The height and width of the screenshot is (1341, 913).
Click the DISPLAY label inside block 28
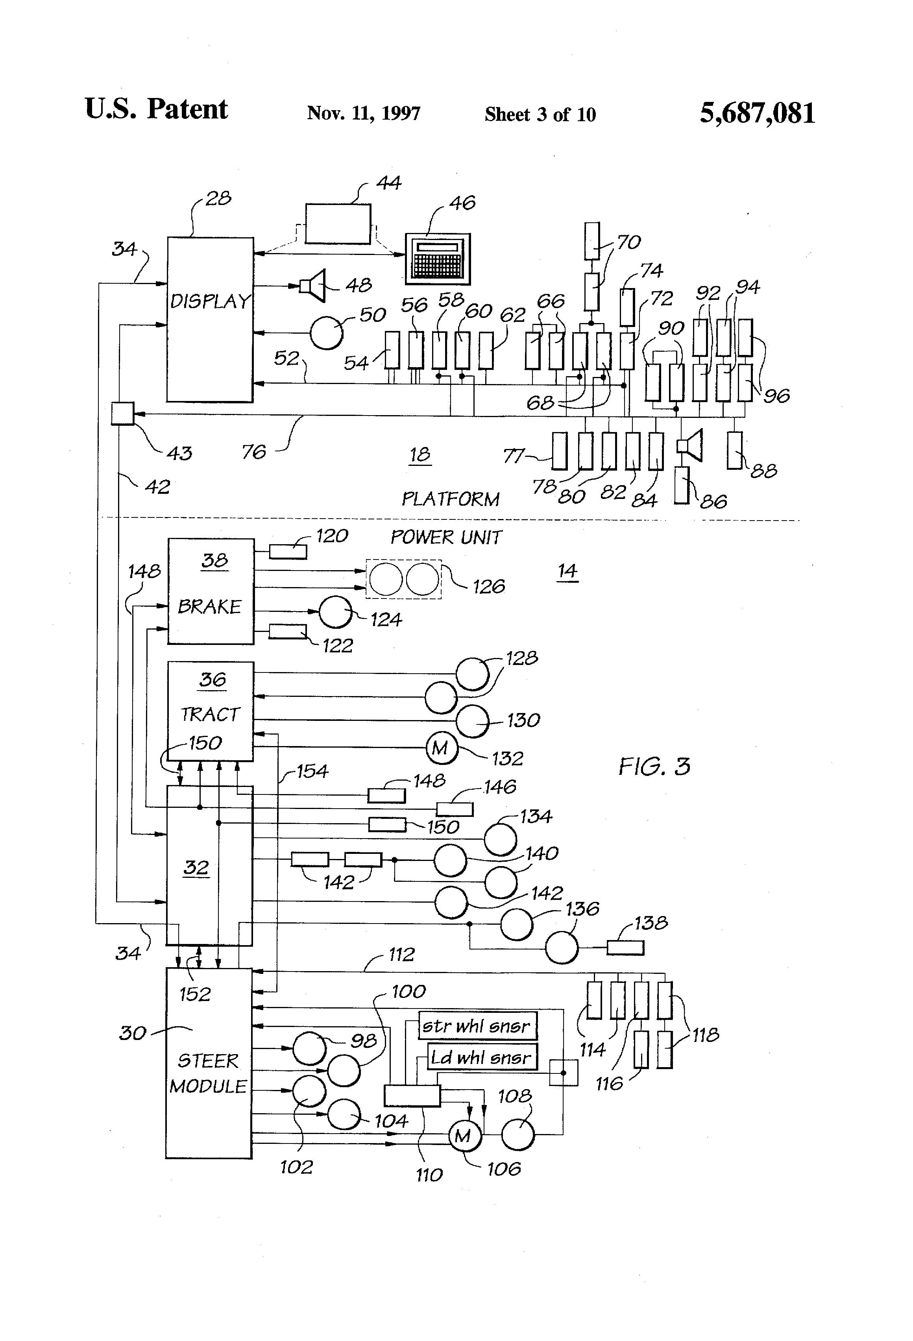(210, 301)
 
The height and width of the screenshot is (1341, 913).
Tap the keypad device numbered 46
(438, 259)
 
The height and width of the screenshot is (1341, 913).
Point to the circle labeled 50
(326, 332)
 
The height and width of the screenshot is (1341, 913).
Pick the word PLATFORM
(450, 499)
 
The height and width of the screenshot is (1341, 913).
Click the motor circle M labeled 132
(441, 748)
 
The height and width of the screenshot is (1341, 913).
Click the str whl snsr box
(477, 1026)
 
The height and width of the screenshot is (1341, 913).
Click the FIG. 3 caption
(654, 766)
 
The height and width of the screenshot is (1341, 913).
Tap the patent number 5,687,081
(757, 113)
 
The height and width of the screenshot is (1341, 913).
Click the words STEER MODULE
(208, 1073)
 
